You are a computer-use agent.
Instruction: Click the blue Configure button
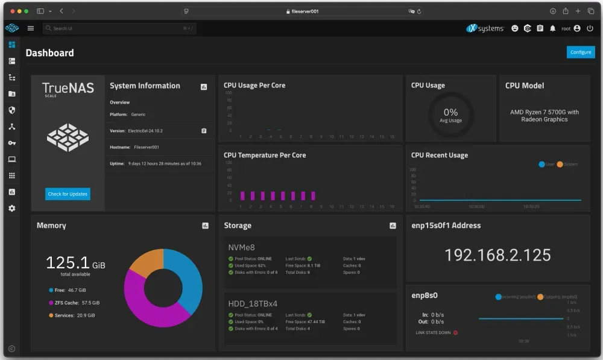coord(581,52)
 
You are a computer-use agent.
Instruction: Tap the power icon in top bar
coord(590,28)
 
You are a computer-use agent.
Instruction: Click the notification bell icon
coord(552,28)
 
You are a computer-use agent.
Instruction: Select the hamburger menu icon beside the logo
coord(31,28)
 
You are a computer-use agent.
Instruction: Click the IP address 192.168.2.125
coord(497,254)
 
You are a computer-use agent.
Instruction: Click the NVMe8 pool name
coord(241,247)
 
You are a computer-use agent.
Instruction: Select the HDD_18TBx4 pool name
coord(253,303)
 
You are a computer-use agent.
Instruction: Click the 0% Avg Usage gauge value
coord(450,113)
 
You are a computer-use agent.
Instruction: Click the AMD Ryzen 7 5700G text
coord(544,112)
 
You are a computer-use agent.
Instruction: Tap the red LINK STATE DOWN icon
coord(455,332)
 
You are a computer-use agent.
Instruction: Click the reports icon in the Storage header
coord(393,226)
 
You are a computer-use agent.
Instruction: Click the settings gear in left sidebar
coord(12,208)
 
